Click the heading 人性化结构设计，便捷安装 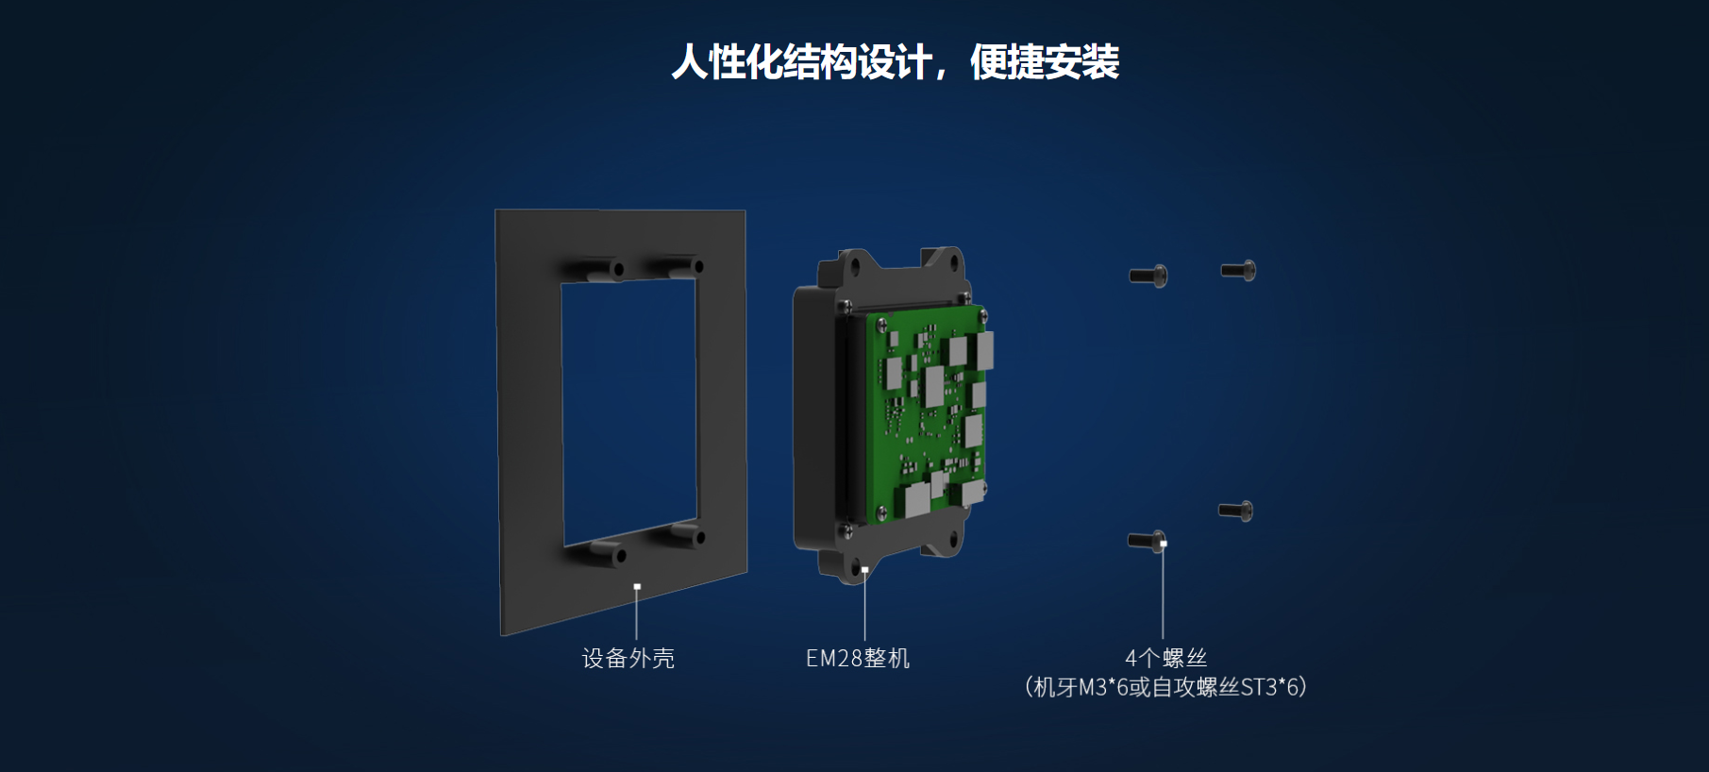point(895,62)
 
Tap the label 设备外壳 point(628,658)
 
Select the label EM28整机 point(858,658)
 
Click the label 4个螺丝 point(1165,658)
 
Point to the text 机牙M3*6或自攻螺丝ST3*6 point(1165,687)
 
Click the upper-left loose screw point(1148,275)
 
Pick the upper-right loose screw point(1238,270)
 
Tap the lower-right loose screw point(1235,510)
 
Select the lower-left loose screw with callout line point(1147,541)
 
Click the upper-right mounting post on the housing point(678,264)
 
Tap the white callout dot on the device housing point(637,586)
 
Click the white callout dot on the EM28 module point(865,569)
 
